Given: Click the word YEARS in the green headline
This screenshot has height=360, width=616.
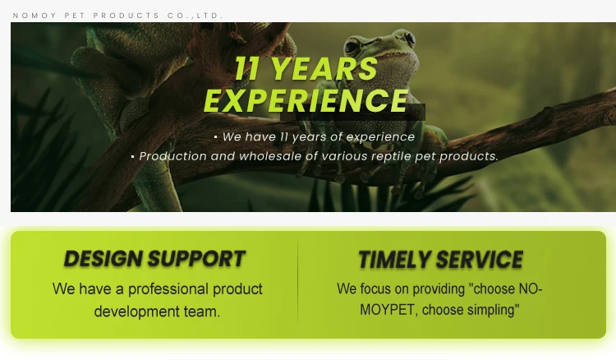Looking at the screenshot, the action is [x=324, y=69].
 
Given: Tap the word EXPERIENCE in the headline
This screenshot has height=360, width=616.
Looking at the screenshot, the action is [x=306, y=100].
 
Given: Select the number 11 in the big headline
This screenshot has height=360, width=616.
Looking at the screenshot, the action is [x=247, y=69].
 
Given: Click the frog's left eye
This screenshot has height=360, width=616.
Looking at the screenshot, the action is [x=352, y=47].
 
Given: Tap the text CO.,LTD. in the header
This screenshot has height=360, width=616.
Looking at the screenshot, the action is [x=195, y=16].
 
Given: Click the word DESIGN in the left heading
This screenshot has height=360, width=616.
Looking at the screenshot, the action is [x=103, y=259].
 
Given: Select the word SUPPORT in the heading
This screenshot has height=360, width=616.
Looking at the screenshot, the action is [x=196, y=259].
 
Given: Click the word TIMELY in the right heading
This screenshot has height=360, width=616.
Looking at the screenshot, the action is [x=394, y=260].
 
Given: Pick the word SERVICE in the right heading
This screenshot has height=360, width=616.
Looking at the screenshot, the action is [x=480, y=260].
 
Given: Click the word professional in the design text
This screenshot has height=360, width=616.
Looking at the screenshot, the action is [x=168, y=289].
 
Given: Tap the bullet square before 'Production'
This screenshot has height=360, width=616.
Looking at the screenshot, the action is [x=133, y=157].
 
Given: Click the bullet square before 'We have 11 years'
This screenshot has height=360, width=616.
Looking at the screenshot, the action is [x=216, y=137].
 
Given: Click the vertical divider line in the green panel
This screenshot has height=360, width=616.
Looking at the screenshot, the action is [x=298, y=279].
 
